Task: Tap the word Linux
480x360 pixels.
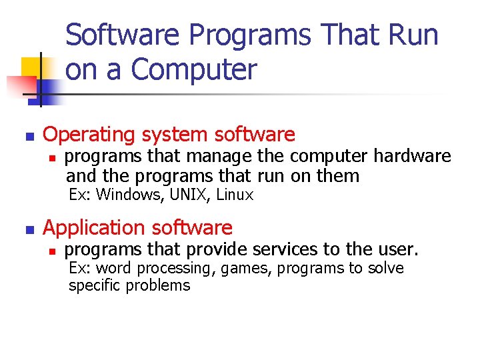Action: tap(235, 195)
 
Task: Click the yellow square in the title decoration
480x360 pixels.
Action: tap(31, 67)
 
